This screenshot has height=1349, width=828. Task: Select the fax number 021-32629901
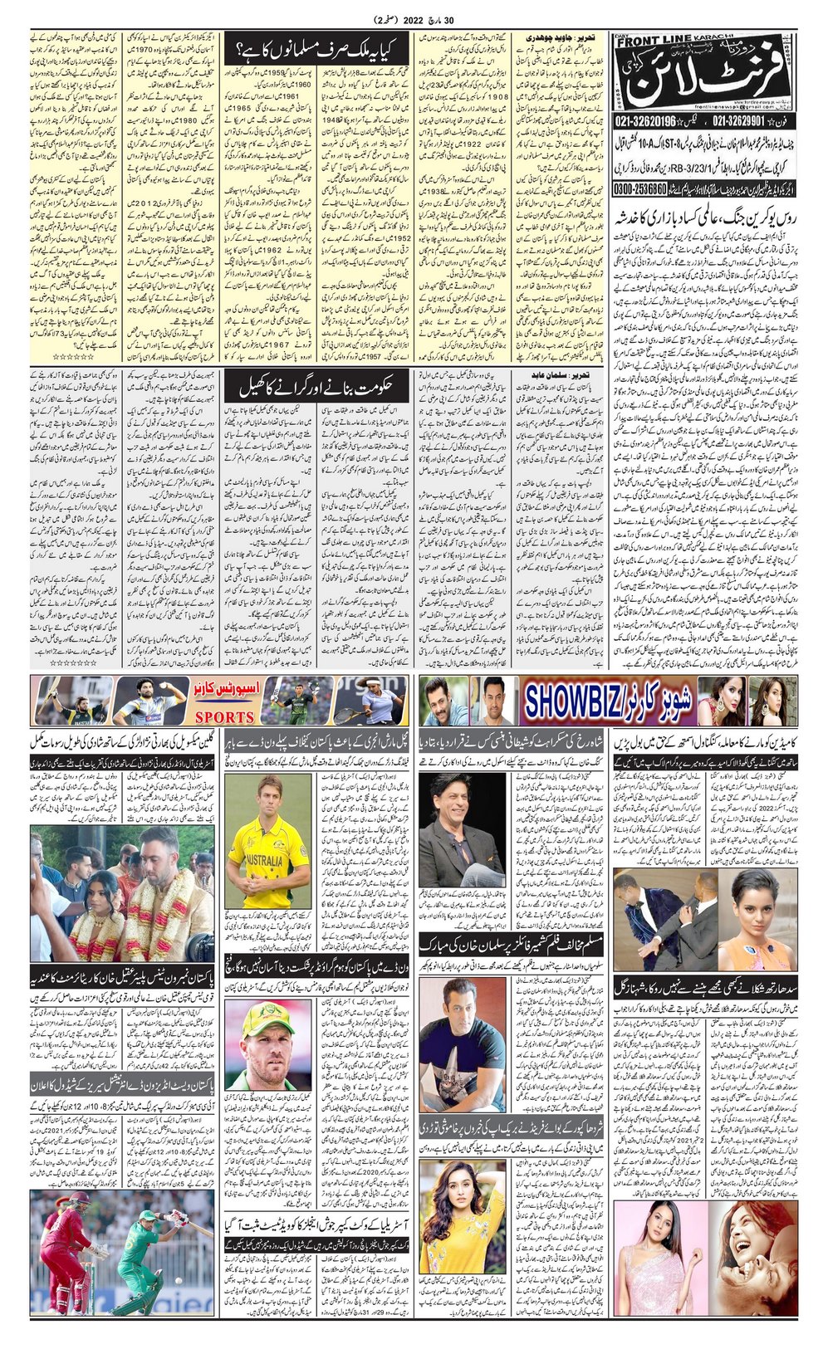coord(748,121)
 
